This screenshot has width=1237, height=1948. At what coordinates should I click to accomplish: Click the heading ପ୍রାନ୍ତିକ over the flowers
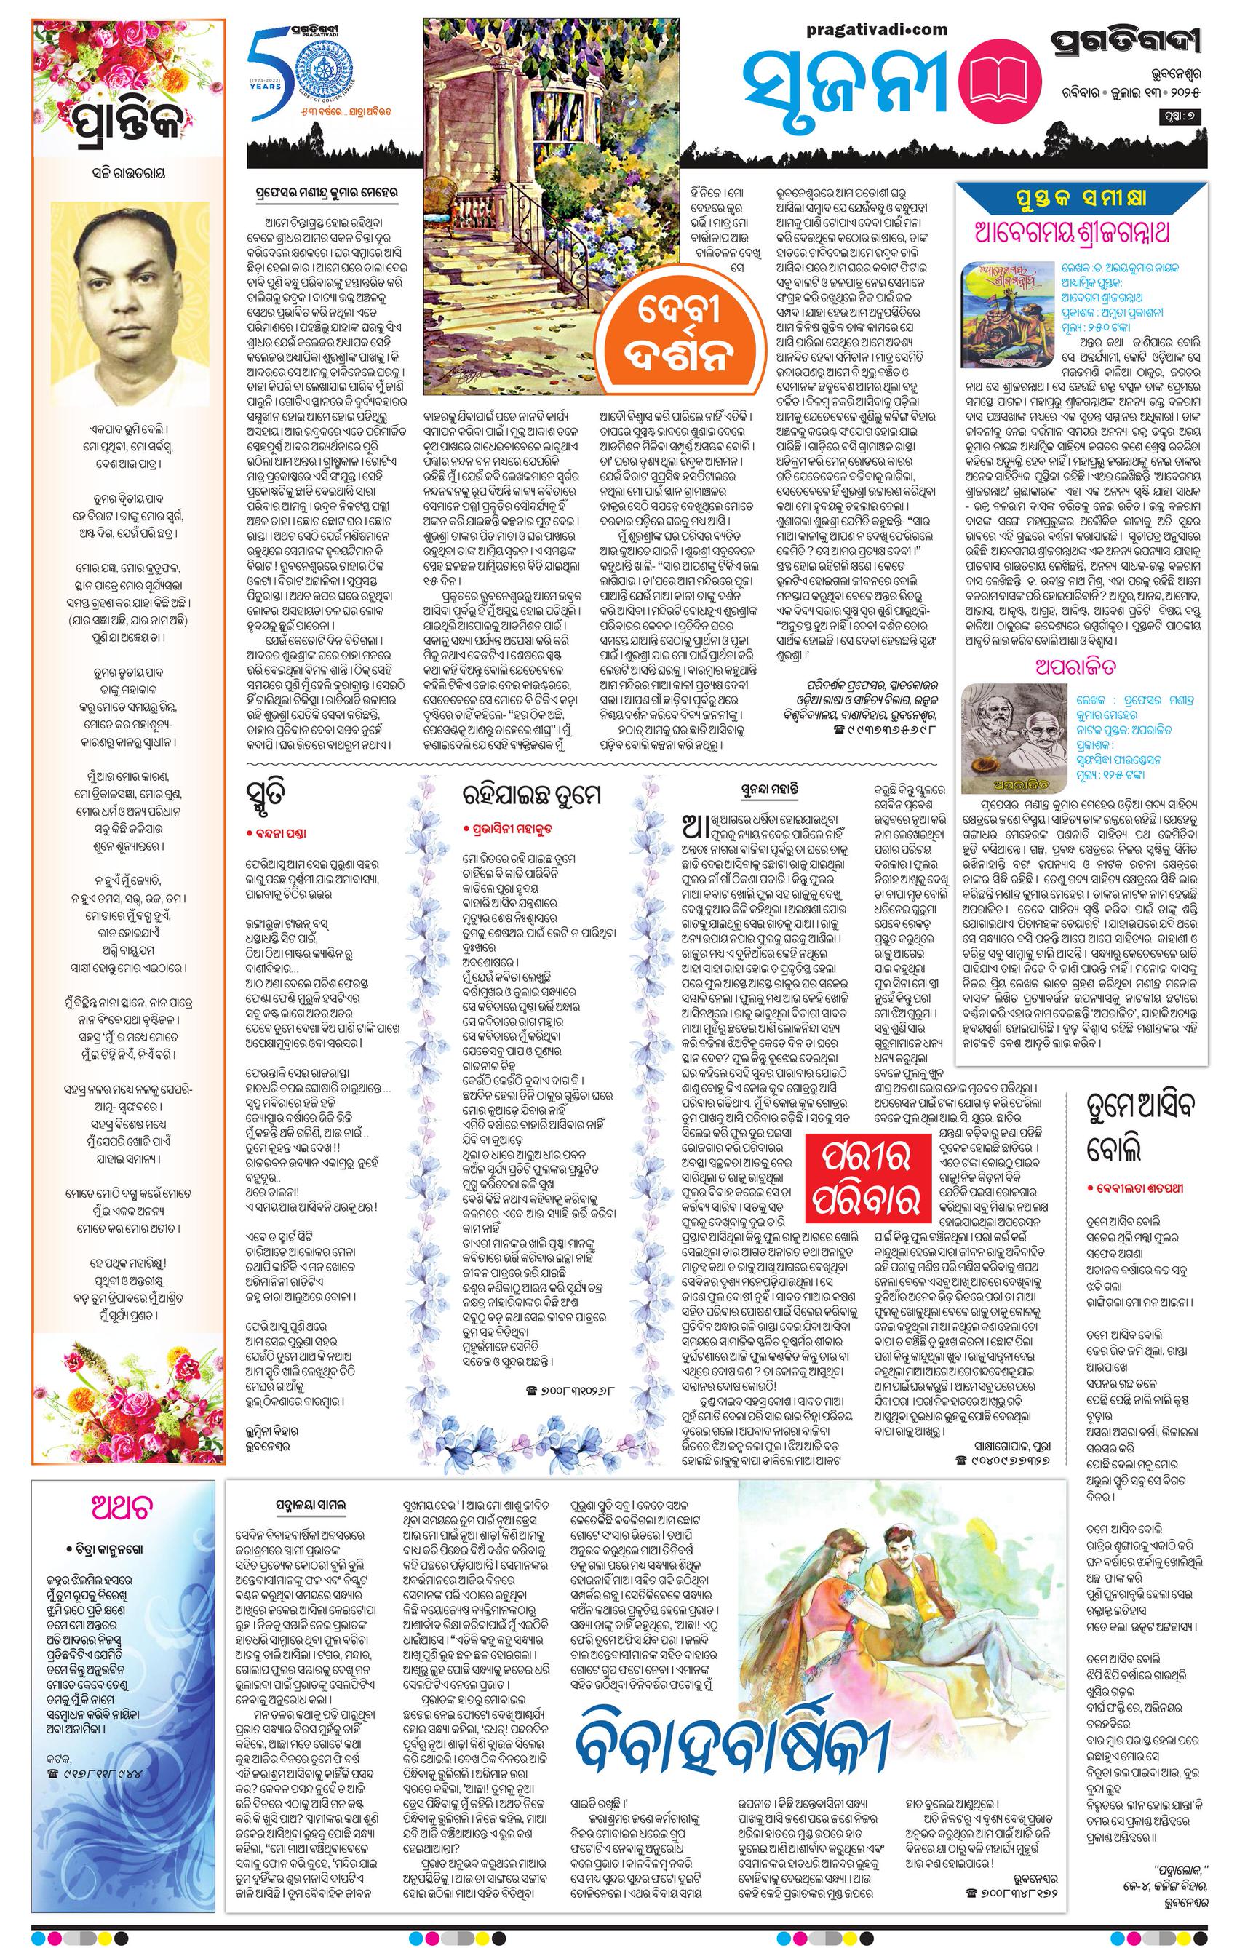[128, 122]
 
